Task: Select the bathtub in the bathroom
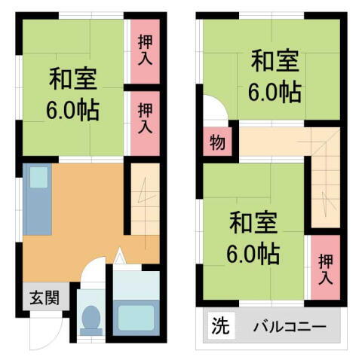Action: tap(136, 314)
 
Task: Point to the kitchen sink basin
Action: tap(38, 178)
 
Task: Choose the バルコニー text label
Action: tap(289, 328)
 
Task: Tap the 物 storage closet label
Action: tap(215, 142)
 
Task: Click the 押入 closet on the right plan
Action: tap(325, 269)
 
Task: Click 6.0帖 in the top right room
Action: tap(275, 91)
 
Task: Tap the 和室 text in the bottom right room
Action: tap(253, 223)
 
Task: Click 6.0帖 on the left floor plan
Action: tap(72, 110)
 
